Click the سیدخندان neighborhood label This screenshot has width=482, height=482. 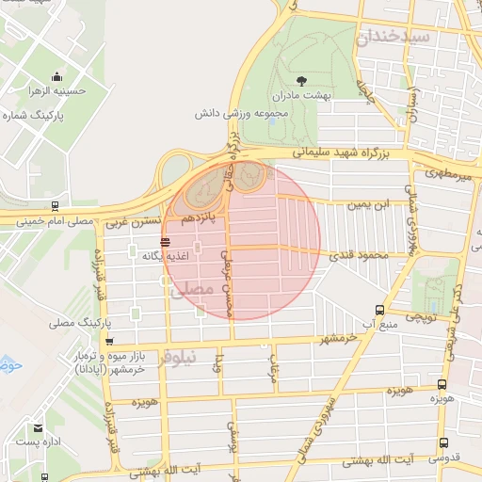point(407,37)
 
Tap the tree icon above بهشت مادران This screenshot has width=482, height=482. point(300,81)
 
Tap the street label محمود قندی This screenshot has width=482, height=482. point(355,254)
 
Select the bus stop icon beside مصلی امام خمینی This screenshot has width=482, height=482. point(55,205)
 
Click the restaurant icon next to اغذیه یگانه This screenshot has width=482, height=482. point(166,242)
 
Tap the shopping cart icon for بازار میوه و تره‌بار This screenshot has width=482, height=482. point(110,342)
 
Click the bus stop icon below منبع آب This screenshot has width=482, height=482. point(379,309)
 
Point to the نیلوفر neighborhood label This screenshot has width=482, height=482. point(179,358)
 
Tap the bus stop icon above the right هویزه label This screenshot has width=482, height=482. point(442,385)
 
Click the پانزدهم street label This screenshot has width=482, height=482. point(200,218)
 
